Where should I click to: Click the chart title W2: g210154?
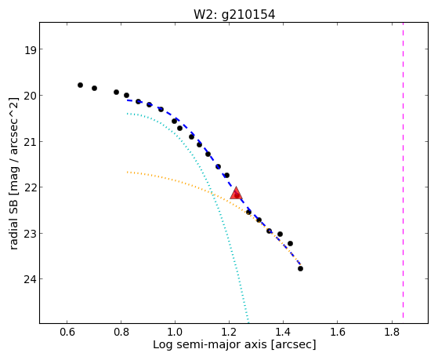234,15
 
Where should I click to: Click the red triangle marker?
236,193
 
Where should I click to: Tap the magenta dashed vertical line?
403,170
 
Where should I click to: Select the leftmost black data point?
80,85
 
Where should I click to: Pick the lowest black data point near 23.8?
300,268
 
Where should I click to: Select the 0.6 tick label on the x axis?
67,332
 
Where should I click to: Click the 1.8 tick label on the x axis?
392,332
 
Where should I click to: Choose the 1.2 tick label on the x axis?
229,332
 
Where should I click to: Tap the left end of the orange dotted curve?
128,172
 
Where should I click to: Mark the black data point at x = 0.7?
94,88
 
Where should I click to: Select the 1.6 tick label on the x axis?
338,332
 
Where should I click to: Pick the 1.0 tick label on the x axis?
175,332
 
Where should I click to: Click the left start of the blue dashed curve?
128,100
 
